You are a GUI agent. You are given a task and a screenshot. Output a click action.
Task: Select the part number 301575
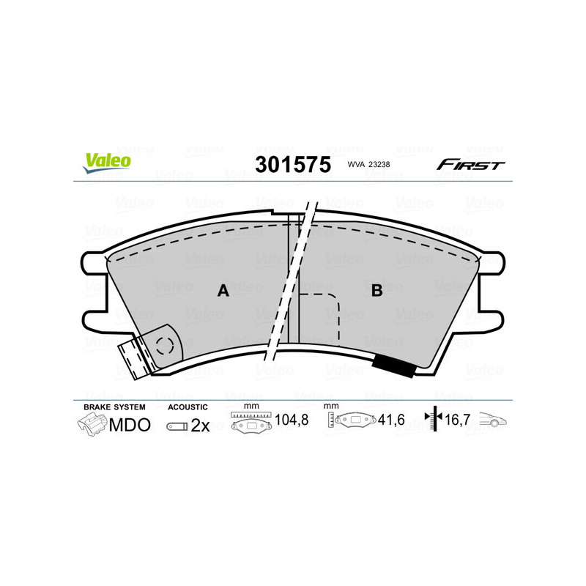(x=292, y=164)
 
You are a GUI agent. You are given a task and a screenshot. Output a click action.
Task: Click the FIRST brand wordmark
(x=470, y=165)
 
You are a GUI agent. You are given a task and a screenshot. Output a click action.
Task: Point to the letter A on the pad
(x=223, y=291)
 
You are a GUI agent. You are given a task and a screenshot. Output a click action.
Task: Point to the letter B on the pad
(x=377, y=291)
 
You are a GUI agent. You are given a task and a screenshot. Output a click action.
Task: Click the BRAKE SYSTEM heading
(x=114, y=407)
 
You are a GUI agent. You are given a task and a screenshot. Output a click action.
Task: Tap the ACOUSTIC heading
(x=188, y=407)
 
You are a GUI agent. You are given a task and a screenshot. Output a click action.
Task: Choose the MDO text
(x=130, y=425)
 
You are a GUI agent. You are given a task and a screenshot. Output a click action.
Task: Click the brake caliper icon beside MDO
(x=92, y=424)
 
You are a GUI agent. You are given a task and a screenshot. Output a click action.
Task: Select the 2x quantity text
(x=200, y=426)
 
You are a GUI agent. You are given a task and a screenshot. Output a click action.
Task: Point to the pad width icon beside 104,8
(x=251, y=423)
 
